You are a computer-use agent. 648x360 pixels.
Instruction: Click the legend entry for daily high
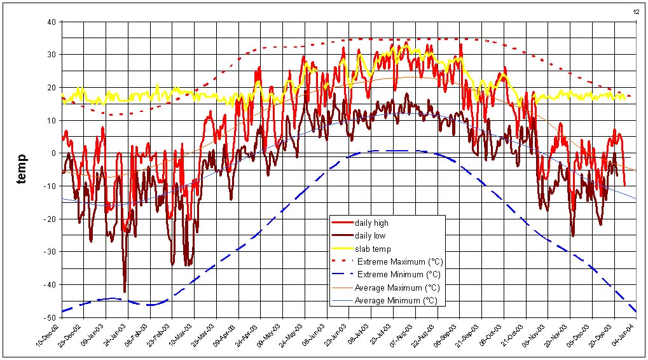click(372, 223)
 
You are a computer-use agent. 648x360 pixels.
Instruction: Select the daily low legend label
click(370, 236)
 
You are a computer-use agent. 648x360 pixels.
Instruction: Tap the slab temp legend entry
click(373, 249)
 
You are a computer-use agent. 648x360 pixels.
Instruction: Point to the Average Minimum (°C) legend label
click(397, 301)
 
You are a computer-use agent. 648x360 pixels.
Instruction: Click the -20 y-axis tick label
click(50, 219)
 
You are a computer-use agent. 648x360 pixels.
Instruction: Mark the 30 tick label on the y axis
click(52, 55)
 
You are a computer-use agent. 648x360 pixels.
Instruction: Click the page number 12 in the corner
click(636, 11)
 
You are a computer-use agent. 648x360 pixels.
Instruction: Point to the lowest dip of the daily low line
click(125, 291)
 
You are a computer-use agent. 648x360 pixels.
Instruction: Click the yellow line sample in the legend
click(342, 249)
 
